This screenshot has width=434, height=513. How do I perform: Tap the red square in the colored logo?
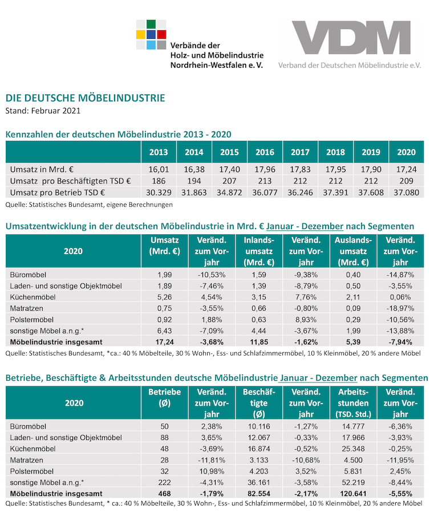click(161, 34)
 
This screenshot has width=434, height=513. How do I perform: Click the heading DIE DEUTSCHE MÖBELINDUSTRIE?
click(86, 98)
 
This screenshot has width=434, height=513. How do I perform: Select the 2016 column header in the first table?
click(265, 152)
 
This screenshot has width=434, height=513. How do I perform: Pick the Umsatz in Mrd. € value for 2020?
click(406, 169)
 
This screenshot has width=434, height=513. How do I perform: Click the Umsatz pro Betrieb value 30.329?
click(159, 193)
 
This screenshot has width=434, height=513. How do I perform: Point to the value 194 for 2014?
click(194, 181)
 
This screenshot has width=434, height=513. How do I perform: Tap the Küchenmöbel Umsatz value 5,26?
click(164, 297)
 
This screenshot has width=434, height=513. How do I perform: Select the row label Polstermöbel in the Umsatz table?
click(32, 320)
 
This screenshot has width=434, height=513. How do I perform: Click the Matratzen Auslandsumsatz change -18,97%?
click(400, 308)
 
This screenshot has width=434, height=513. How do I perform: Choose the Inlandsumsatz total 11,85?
click(259, 342)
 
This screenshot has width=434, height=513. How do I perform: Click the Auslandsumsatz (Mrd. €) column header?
click(353, 251)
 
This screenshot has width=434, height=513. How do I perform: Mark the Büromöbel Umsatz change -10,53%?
click(212, 275)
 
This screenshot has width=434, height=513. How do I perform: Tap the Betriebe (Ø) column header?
click(164, 397)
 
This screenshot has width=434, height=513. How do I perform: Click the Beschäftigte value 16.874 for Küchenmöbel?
click(259, 449)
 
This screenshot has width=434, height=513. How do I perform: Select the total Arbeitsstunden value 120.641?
click(353, 494)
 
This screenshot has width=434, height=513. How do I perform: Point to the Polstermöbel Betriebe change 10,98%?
click(212, 471)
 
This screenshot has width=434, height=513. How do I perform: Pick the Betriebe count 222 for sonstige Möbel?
click(164, 482)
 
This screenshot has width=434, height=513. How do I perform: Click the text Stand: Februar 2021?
click(43, 111)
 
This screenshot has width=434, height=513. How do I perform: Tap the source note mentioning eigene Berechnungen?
click(89, 205)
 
